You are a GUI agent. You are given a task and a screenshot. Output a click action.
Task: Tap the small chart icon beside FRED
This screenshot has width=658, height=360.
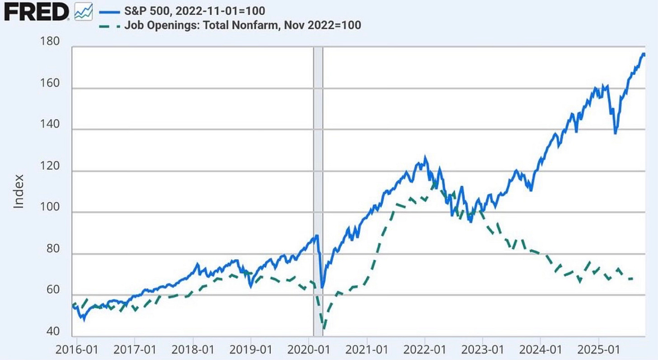[83, 11]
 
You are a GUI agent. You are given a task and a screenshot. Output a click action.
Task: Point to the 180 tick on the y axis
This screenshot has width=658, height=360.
[50, 42]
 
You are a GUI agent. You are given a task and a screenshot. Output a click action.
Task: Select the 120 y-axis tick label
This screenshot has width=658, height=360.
[50, 166]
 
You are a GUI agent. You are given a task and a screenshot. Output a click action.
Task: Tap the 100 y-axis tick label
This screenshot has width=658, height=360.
[50, 208]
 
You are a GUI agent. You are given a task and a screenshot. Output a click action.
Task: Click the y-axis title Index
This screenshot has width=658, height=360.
[19, 195]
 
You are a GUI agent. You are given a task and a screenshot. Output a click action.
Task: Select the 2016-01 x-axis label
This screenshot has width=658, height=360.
[76, 350]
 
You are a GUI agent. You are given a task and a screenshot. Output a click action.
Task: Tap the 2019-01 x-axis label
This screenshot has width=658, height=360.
[251, 350]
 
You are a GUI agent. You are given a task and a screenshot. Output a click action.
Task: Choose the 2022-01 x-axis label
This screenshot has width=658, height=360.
[425, 350]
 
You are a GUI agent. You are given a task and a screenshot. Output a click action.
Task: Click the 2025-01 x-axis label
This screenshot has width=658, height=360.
[599, 350]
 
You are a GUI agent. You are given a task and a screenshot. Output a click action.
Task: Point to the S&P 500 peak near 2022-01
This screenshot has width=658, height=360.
[424, 158]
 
